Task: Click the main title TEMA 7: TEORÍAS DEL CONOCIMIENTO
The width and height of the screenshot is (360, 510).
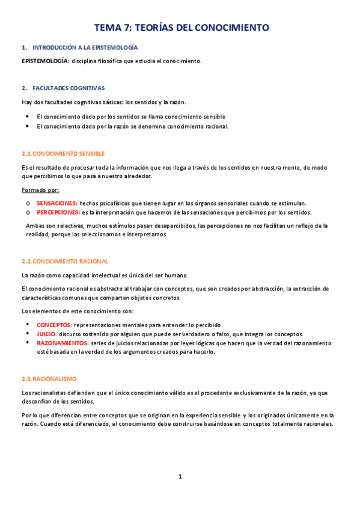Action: coord(181,28)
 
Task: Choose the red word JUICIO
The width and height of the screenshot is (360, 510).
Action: coord(47,334)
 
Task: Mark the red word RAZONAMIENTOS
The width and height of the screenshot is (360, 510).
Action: coord(63,343)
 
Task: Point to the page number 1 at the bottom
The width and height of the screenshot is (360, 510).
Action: coord(180,476)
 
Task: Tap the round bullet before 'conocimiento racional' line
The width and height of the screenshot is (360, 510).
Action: coord(28,126)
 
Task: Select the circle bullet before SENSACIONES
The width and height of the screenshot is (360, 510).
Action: coord(28,204)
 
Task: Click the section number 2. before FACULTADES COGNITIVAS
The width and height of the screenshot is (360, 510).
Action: coord(23,87)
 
